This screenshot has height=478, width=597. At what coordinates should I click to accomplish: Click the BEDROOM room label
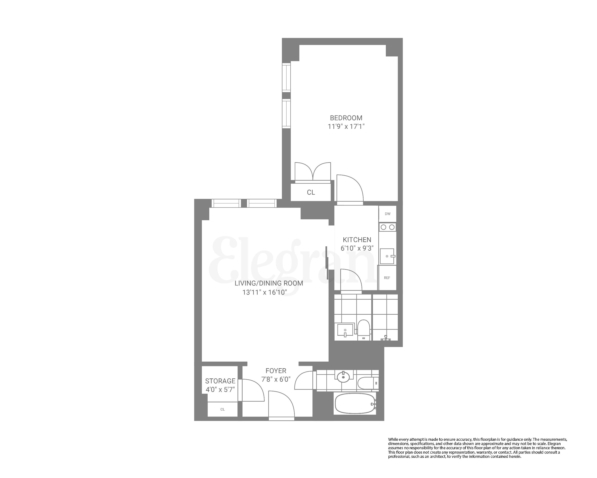(346, 118)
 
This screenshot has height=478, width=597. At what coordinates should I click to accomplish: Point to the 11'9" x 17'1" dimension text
(346, 127)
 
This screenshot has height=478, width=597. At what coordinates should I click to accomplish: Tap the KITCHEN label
(357, 240)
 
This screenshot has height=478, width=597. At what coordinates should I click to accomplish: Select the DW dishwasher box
(388, 214)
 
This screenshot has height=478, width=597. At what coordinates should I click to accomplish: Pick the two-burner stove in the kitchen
(388, 227)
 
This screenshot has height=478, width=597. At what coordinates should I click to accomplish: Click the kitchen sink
(387, 256)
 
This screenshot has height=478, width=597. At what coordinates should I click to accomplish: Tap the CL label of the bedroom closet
(311, 192)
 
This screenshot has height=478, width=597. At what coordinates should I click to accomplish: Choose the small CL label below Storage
(223, 409)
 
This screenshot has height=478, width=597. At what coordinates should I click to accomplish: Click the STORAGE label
(220, 381)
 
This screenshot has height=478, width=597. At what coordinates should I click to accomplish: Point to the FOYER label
(276, 371)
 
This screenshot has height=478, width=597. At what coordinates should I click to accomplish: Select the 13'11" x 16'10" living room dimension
(265, 292)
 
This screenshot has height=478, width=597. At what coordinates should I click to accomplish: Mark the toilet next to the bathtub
(367, 383)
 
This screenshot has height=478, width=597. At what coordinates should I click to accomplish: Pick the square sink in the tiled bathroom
(345, 330)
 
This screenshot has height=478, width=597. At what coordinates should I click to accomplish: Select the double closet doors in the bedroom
(313, 172)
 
